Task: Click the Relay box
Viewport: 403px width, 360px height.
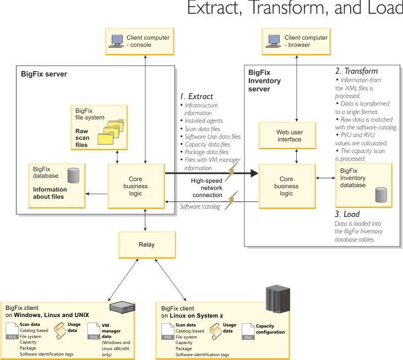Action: click(x=146, y=245)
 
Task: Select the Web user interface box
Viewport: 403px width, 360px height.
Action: click(x=289, y=135)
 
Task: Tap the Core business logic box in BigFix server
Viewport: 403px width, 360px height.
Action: click(x=135, y=186)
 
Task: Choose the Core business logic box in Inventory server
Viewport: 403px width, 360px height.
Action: click(x=286, y=186)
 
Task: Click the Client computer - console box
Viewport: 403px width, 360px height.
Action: click(x=144, y=41)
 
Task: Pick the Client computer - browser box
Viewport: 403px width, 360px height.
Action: click(x=297, y=41)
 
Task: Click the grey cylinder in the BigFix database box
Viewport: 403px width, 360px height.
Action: click(x=72, y=176)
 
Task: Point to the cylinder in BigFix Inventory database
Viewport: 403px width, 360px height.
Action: click(x=380, y=194)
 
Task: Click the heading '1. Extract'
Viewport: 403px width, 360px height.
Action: click(x=197, y=96)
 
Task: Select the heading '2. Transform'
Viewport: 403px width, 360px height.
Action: click(x=357, y=71)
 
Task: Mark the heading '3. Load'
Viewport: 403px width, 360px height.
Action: click(x=347, y=214)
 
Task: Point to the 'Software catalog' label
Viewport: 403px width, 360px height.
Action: click(x=200, y=206)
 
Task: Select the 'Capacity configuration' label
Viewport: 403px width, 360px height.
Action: click(x=270, y=329)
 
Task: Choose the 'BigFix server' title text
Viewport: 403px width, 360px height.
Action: click(x=44, y=74)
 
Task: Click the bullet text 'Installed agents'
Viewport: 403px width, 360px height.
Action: click(x=204, y=121)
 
